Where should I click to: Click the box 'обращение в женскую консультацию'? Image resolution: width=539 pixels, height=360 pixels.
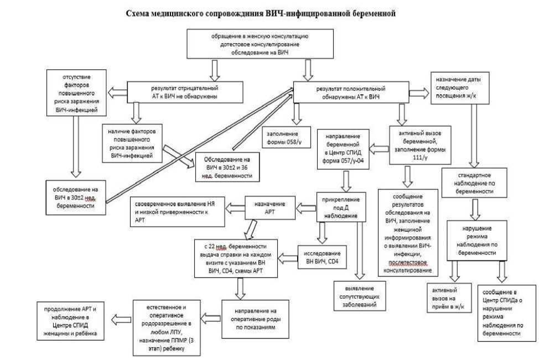point(247,44)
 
